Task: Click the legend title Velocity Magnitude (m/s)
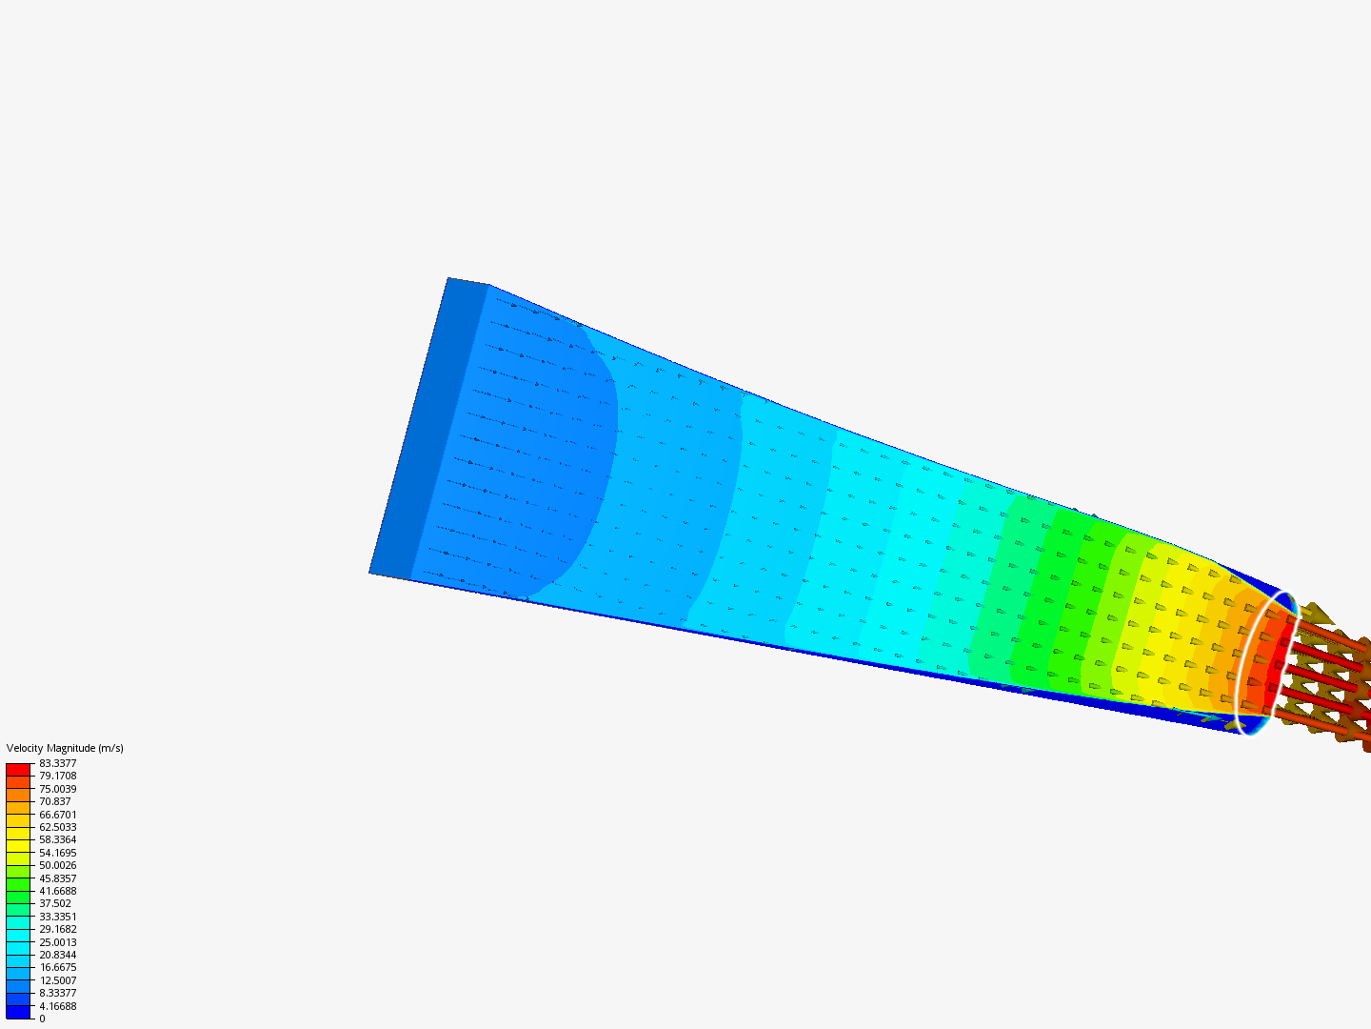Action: click(65, 748)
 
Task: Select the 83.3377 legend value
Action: click(57, 763)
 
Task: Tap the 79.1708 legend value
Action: click(57, 776)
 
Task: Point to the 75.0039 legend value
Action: click(57, 789)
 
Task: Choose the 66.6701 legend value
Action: click(57, 814)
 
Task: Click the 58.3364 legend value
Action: click(57, 839)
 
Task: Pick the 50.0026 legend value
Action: click(57, 865)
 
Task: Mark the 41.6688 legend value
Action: click(57, 891)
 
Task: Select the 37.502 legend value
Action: click(55, 903)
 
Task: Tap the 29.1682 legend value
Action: click(57, 929)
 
